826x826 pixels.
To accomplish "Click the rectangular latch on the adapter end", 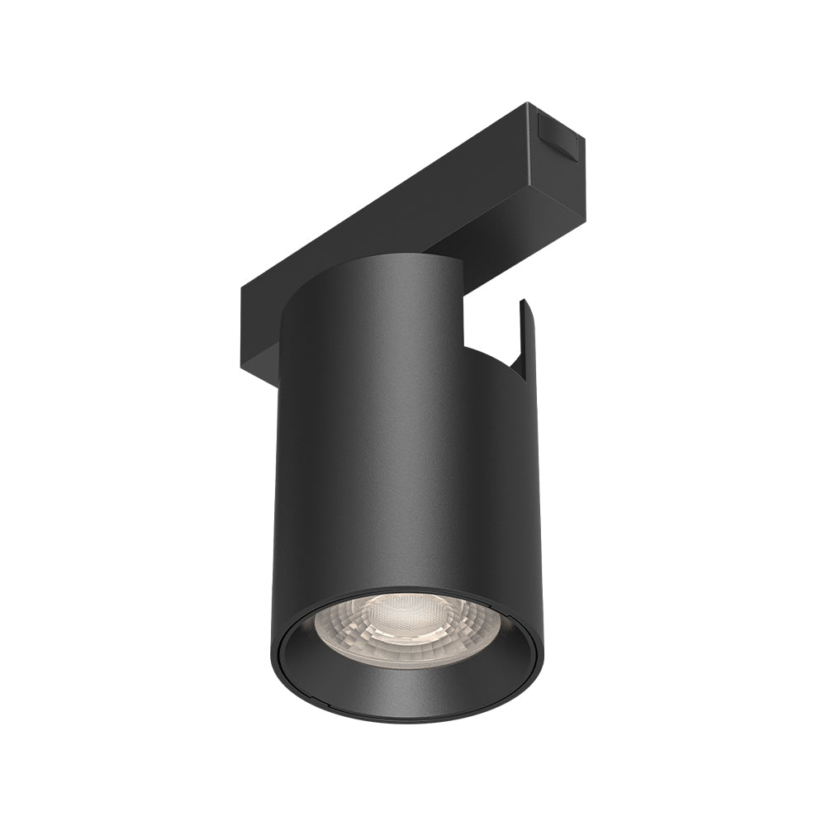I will [558, 134].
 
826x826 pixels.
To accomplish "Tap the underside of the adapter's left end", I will [260, 355].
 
